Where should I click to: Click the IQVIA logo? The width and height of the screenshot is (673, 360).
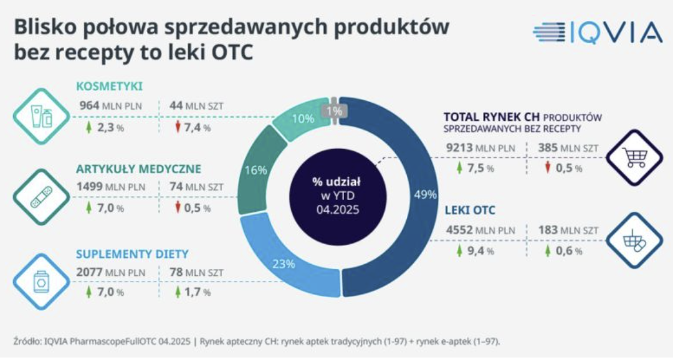click(x=597, y=32)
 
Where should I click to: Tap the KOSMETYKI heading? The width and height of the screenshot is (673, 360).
click(x=109, y=86)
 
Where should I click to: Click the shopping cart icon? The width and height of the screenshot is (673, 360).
click(x=634, y=157)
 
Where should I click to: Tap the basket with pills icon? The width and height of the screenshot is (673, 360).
click(x=634, y=240)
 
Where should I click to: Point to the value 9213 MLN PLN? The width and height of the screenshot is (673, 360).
click(x=480, y=148)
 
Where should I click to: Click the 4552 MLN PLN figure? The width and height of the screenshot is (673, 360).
click(x=480, y=230)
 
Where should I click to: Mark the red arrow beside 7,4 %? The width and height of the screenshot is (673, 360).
click(x=178, y=127)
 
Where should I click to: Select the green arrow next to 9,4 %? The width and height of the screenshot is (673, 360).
click(x=460, y=251)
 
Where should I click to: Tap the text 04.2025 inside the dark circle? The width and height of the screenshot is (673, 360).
click(x=336, y=209)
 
